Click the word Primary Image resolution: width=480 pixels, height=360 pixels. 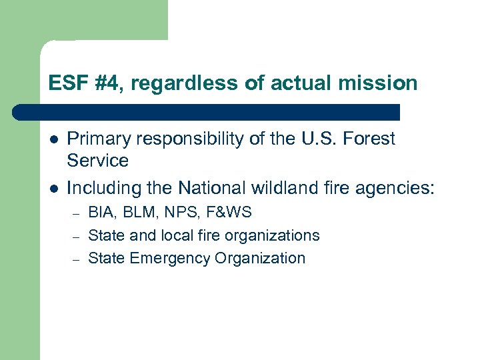tap(97, 139)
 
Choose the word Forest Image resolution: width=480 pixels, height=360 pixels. tap(371, 139)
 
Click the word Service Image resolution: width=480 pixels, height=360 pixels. tap(97, 160)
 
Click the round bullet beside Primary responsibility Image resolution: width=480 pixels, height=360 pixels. tap(53, 139)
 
